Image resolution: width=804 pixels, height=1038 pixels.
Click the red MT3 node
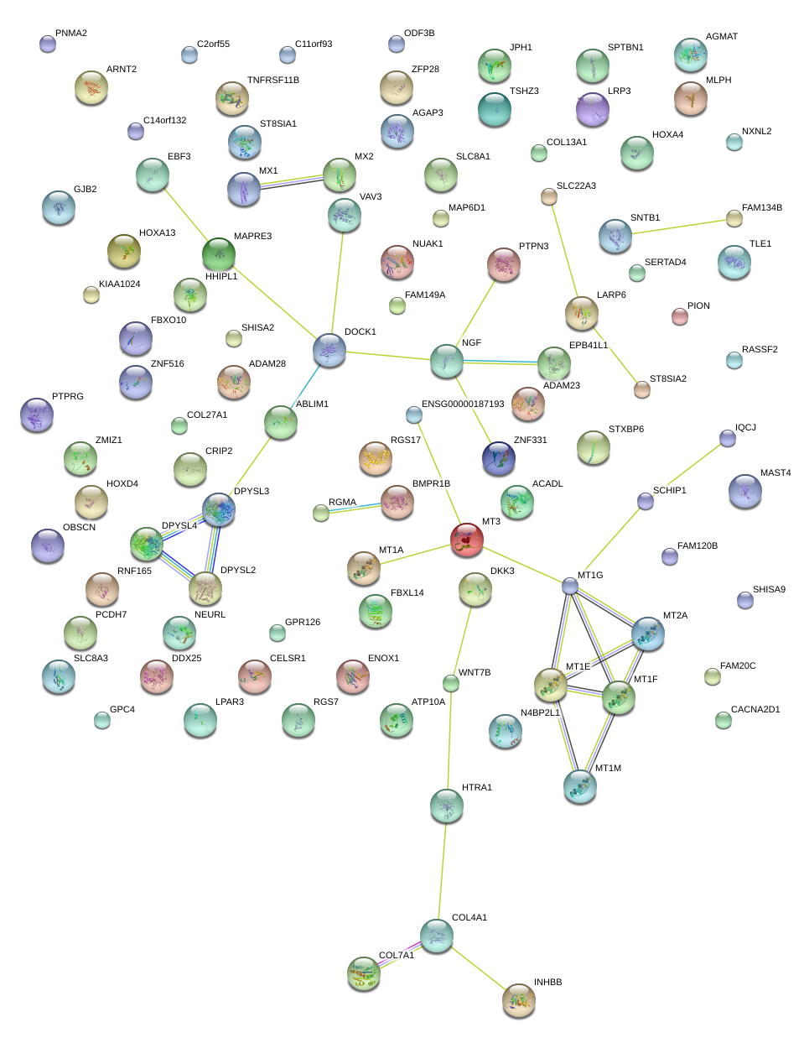[x=467, y=540]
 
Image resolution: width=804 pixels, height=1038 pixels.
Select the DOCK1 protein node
[x=329, y=350]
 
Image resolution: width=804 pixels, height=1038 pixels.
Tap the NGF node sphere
[x=447, y=361]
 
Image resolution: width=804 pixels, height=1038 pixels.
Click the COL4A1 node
[x=437, y=935]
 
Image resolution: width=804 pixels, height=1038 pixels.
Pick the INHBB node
[x=519, y=999]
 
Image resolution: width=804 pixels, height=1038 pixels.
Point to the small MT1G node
[x=570, y=586]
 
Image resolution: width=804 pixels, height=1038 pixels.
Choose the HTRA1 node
[x=447, y=805]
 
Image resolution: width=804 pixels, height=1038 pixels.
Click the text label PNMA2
[x=71, y=34]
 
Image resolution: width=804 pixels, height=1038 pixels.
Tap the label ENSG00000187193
[x=463, y=404]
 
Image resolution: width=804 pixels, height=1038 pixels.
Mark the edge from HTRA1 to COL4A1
[x=442, y=870]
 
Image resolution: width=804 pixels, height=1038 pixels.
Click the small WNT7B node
[x=451, y=683]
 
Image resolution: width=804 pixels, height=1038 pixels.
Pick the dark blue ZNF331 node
[x=500, y=457]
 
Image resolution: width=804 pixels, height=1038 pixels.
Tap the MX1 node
[x=244, y=190]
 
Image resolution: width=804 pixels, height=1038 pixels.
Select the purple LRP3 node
[x=593, y=109]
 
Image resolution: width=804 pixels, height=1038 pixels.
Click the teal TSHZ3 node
[x=495, y=109]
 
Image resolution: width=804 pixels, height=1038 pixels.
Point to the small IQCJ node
[x=728, y=438]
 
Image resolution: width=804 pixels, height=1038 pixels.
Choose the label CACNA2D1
[x=755, y=710]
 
